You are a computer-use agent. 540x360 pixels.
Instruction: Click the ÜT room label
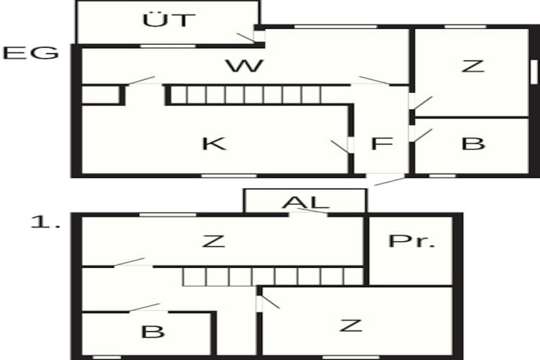point(169,19)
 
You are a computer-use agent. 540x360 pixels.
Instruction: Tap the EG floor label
point(31,53)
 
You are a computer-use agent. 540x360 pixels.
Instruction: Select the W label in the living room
point(245,66)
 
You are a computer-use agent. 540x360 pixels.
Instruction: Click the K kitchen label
point(214,144)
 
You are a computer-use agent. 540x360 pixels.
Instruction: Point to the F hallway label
point(382,144)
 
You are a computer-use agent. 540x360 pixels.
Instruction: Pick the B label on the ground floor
point(473,144)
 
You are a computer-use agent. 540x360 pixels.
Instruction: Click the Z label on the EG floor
point(473,66)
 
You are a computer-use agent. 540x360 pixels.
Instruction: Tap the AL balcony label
point(305,202)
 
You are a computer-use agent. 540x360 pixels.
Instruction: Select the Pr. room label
point(412,241)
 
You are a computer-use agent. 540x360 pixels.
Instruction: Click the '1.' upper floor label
point(45,222)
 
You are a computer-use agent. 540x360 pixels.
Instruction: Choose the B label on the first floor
point(153,332)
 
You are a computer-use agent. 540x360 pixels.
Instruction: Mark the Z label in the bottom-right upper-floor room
point(351,325)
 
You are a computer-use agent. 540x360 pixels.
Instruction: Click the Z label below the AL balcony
point(214,241)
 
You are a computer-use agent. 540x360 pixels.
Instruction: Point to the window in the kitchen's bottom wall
point(229,176)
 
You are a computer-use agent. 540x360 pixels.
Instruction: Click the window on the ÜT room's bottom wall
point(168,46)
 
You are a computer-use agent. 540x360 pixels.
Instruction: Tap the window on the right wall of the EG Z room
point(534,72)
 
